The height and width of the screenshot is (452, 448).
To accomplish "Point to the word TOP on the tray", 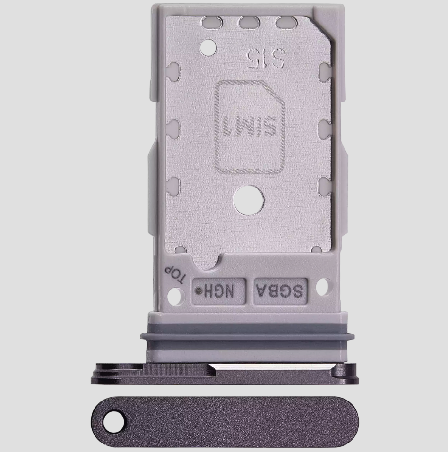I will click(x=175, y=274).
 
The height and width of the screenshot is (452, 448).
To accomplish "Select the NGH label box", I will click(x=219, y=290).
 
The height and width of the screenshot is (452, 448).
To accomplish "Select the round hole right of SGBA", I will click(x=323, y=287).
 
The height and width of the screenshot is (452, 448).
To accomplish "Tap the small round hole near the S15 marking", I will click(x=208, y=47).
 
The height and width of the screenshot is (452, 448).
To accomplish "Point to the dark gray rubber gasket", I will click(x=248, y=336).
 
